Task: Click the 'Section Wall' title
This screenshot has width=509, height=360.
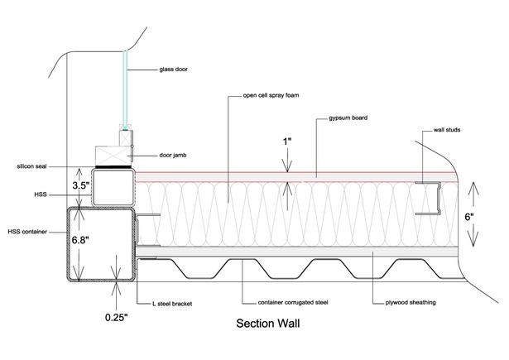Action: pyautogui.click(x=268, y=324)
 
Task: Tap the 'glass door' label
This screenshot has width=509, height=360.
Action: pyautogui.click(x=173, y=70)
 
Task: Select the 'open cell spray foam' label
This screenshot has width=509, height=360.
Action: pyautogui.click(x=271, y=95)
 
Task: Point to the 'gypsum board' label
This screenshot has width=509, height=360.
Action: pyautogui.click(x=348, y=118)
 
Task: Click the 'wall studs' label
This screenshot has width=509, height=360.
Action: pyautogui.click(x=447, y=130)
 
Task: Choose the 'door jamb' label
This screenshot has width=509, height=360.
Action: pyautogui.click(x=173, y=155)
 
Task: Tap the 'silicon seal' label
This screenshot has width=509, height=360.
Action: pyautogui.click(x=31, y=166)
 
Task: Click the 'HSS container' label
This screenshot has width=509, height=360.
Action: pyautogui.click(x=27, y=232)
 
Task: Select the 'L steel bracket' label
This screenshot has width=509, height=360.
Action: pyautogui.click(x=172, y=304)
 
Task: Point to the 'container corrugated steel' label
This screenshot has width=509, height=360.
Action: pyautogui.click(x=293, y=303)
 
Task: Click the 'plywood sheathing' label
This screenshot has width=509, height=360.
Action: pyautogui.click(x=411, y=303)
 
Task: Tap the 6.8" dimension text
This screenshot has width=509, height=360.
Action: pyautogui.click(x=79, y=241)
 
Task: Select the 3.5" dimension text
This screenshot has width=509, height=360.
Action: pyautogui.click(x=80, y=185)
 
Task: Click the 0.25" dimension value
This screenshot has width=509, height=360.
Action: pyautogui.click(x=116, y=318)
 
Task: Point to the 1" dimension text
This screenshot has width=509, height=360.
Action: pyautogui.click(x=287, y=142)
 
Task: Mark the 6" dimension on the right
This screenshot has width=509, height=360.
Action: pyautogui.click(x=469, y=217)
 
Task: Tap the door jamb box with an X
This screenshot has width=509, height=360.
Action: pyautogui.click(x=113, y=156)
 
